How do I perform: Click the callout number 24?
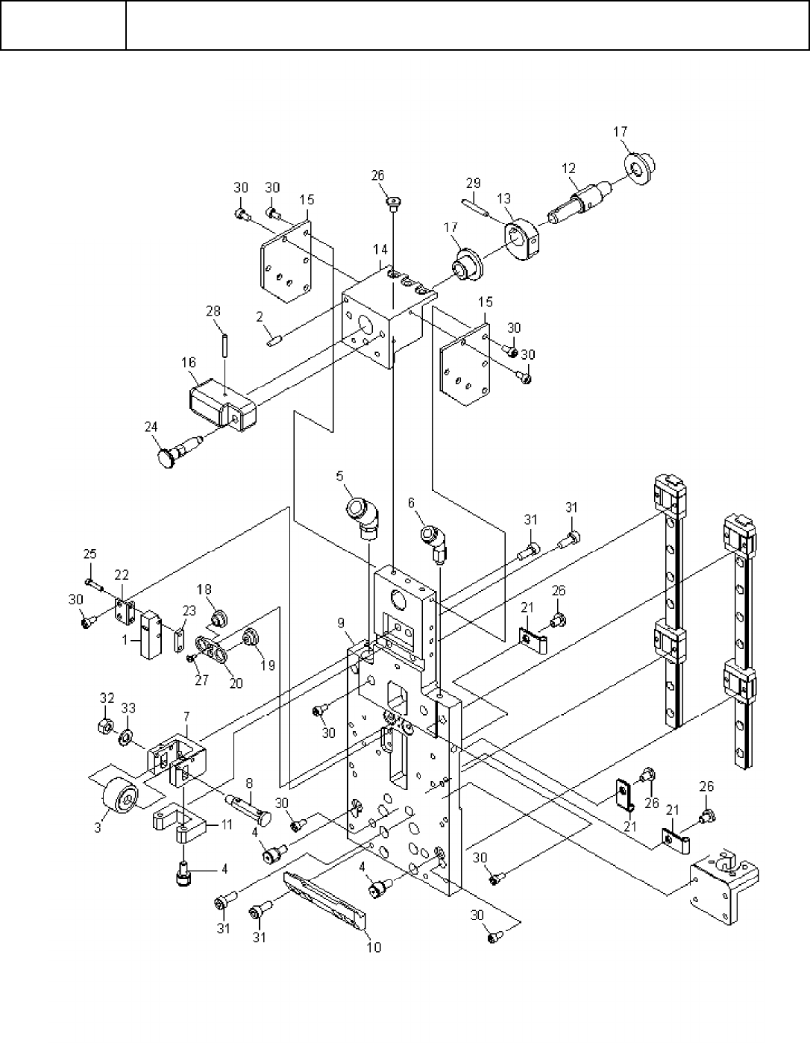click(x=151, y=427)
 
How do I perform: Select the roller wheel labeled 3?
click(x=119, y=801)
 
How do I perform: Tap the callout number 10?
click(x=374, y=948)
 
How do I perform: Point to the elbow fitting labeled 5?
click(x=364, y=517)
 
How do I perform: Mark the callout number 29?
click(x=473, y=183)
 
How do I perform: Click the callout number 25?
click(x=90, y=554)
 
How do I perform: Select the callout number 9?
click(x=341, y=622)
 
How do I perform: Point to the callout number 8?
click(x=248, y=784)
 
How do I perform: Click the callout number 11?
click(x=226, y=826)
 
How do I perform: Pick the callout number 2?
click(x=260, y=317)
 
